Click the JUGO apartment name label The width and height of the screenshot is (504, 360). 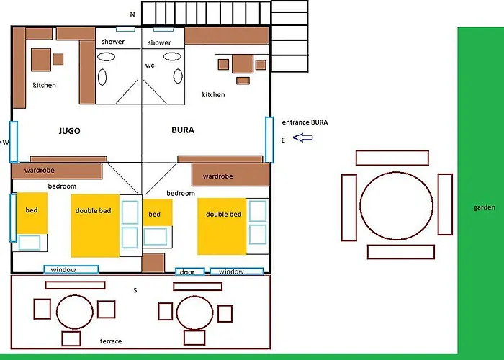[x=69, y=131]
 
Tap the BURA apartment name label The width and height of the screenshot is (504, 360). [x=183, y=130]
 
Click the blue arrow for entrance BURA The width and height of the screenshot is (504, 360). [x=303, y=138]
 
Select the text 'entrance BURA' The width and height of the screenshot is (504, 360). [x=305, y=122]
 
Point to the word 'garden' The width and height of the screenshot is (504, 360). [x=484, y=207]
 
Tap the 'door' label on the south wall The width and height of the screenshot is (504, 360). [x=187, y=272]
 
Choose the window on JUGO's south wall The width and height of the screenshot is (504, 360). [x=71, y=269]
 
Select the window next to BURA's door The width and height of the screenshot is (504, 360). [x=237, y=271]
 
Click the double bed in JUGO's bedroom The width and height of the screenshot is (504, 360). [x=95, y=225]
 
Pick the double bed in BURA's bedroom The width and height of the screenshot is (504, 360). [x=222, y=227]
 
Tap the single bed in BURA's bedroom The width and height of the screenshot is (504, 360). [x=158, y=212]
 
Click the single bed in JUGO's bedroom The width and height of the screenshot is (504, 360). [x=32, y=213]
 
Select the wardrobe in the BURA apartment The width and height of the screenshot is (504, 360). [x=230, y=174]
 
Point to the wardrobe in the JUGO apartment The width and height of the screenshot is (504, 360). [x=57, y=171]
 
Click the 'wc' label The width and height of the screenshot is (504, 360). [x=150, y=66]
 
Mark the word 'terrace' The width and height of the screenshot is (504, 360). [x=111, y=341]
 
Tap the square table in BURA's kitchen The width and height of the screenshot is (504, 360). [x=243, y=64]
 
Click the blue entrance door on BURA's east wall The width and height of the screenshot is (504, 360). [x=269, y=140]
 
